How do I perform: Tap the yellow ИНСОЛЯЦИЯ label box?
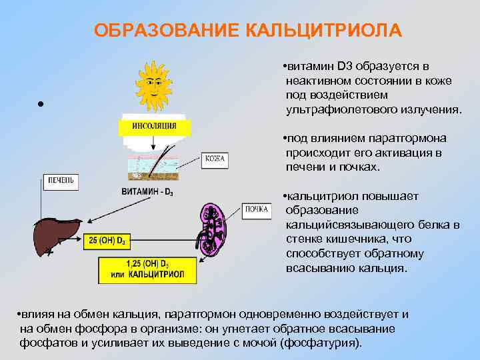tap(154, 126)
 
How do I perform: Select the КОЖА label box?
tap(215, 159)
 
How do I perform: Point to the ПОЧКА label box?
tap(257, 210)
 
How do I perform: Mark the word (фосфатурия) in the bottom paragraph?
tap(323, 343)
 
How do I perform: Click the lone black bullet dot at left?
tap(41, 105)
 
